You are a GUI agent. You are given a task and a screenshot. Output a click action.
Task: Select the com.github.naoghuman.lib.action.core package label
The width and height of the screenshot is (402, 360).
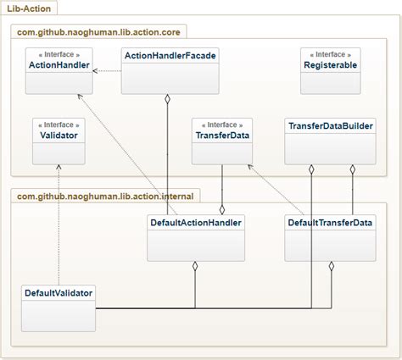pos(99,32)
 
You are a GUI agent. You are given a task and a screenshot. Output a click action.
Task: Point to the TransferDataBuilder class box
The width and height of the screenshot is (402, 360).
pos(330,141)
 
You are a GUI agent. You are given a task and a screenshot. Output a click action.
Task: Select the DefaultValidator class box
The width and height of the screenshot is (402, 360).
pos(58,307)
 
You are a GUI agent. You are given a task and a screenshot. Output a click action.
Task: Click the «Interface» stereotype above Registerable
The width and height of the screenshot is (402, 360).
pos(330,54)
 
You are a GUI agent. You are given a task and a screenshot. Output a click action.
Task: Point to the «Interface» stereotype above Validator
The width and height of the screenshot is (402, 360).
pos(59,124)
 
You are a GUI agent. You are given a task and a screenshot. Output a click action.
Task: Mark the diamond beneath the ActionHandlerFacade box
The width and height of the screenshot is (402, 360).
pos(168,99)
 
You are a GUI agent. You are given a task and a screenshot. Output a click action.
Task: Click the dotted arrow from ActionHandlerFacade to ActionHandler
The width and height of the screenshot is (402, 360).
pos(106,70)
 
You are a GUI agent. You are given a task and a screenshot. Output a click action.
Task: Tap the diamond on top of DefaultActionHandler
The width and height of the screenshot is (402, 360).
pos(222,208)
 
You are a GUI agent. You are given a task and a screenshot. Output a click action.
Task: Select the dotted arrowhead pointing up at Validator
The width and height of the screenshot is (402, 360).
pos(59,167)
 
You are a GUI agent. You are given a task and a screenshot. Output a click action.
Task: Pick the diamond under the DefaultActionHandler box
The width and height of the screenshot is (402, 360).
pos(196,267)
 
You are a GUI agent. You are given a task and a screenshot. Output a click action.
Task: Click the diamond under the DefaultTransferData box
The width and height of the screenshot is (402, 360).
pos(331,267)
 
